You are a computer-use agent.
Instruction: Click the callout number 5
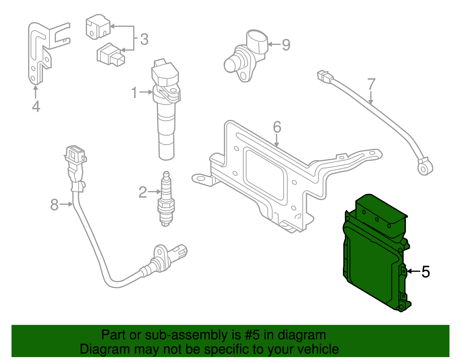[x=426, y=272]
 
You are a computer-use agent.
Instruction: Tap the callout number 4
[x=36, y=106]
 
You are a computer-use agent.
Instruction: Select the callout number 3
[x=144, y=39]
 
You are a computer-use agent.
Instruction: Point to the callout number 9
[x=286, y=45]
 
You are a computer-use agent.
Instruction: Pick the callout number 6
[x=277, y=127]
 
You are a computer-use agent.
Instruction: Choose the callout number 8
[x=54, y=205]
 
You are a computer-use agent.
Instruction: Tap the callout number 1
[x=134, y=93]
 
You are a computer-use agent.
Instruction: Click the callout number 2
[x=143, y=192]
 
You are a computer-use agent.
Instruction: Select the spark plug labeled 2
[x=166, y=202]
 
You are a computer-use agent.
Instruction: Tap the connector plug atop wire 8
[x=75, y=156]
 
